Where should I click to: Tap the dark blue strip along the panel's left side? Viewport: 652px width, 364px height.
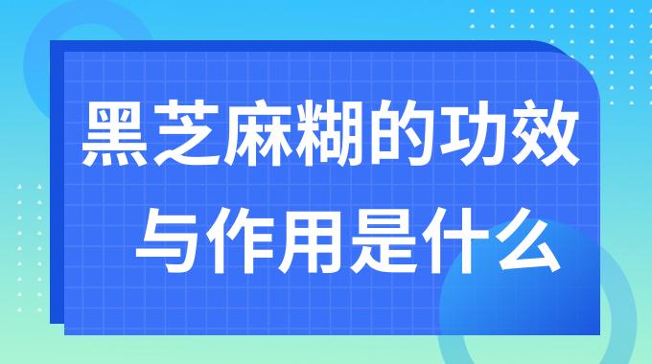(x=57, y=192)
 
